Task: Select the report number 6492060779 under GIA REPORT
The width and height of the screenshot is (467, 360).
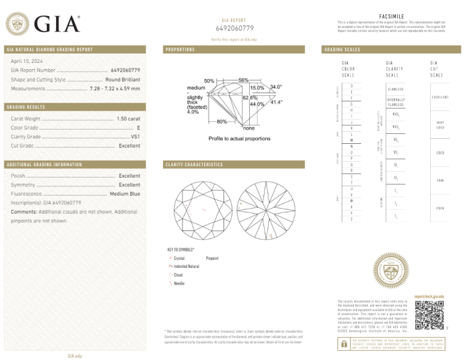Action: coord(235,28)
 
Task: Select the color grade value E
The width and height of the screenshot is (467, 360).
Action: coord(138,127)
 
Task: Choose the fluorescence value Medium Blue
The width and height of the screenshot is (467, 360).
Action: coord(125,194)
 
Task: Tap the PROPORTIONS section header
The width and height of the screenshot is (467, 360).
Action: coord(181,49)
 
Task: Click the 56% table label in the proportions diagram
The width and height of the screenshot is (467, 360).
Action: coord(243,80)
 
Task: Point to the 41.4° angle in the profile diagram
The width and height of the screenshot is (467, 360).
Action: coord(276,102)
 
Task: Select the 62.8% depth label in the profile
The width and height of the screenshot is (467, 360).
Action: coord(250,98)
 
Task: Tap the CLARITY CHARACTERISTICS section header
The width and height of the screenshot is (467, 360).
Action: coord(194,164)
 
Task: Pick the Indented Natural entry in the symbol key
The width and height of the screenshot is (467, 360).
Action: coord(186,266)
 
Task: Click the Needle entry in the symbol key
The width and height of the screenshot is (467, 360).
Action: coord(179,283)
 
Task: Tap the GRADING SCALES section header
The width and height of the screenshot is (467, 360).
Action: coord(342,49)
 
